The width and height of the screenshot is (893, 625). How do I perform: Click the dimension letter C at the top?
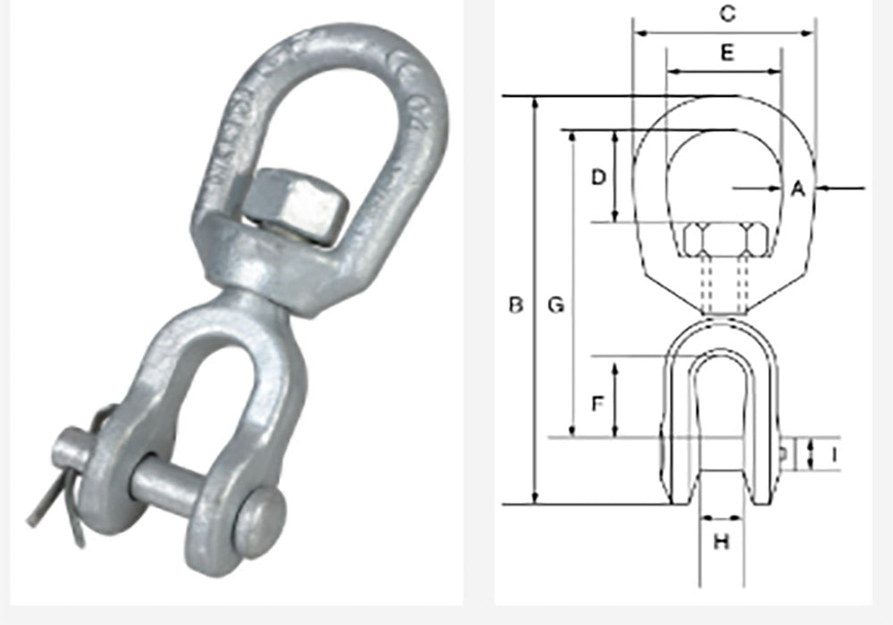[x=728, y=12]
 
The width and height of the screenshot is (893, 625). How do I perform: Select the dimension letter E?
[x=727, y=54]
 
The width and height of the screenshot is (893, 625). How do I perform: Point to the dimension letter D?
[x=600, y=177]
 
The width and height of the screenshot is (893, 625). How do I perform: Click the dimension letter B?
[x=515, y=305]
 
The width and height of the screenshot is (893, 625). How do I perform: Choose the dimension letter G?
[x=555, y=305]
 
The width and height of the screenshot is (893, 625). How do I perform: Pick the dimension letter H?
[x=722, y=541]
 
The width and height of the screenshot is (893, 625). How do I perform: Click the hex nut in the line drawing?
[x=722, y=239]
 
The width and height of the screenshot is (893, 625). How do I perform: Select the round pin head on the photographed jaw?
[x=259, y=521]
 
